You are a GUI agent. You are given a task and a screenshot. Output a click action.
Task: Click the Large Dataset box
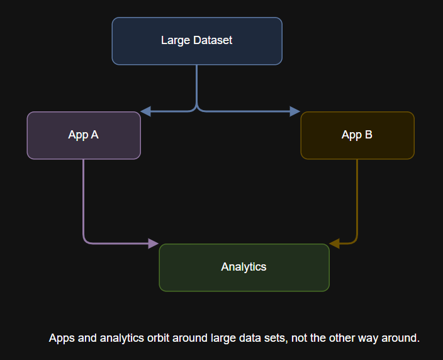(197, 41)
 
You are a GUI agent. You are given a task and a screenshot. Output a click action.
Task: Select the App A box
(84, 135)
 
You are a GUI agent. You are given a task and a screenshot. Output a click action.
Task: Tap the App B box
(357, 135)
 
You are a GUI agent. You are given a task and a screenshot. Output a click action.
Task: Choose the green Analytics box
(244, 267)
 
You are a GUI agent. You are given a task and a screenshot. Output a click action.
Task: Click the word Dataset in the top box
(213, 40)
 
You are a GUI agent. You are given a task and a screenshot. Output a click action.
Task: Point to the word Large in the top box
(175, 41)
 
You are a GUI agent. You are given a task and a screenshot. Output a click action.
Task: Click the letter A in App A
(94, 135)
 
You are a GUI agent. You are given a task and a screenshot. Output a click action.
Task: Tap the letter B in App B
(368, 135)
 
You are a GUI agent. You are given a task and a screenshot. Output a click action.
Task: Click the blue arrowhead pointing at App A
(145, 111)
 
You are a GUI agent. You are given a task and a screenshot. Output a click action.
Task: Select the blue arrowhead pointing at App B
(295, 111)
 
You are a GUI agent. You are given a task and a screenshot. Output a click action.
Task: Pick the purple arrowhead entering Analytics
(154, 244)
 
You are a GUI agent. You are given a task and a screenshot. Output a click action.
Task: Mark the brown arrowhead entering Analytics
(335, 244)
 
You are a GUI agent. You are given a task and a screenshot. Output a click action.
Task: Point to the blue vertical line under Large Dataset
(196, 85)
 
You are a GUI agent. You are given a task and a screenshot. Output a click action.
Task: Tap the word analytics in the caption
(122, 339)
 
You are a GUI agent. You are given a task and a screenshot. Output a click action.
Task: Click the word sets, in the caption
(276, 338)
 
